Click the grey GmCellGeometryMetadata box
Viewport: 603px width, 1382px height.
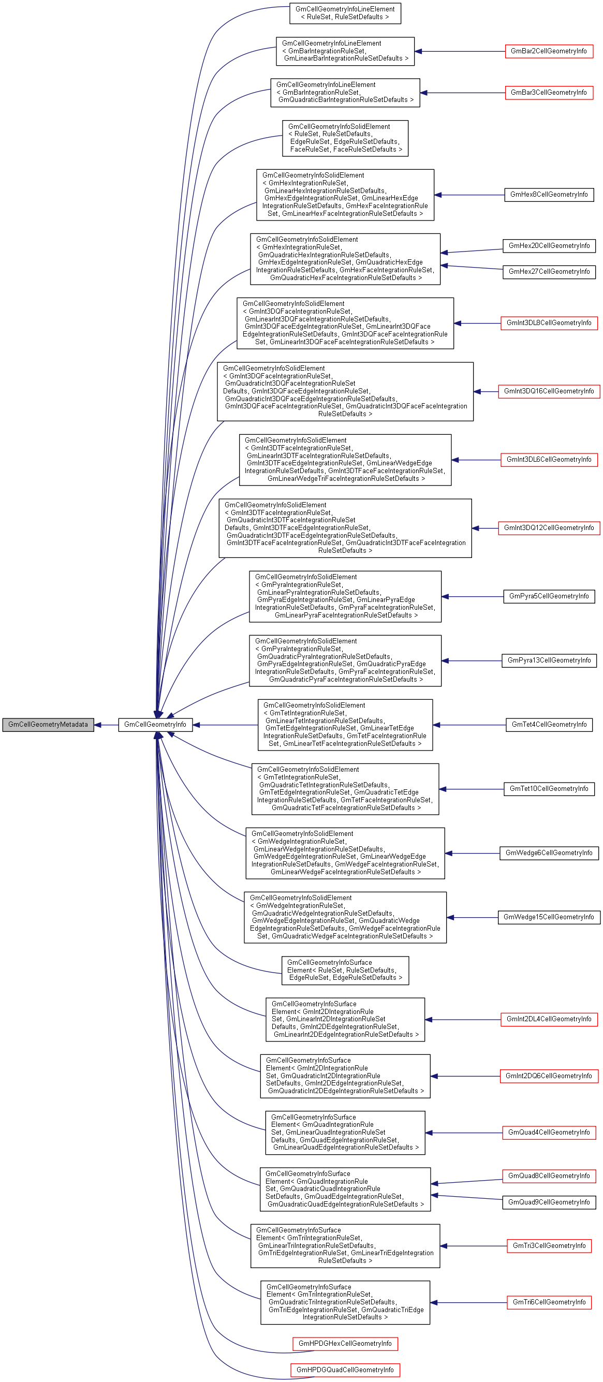coord(48,724)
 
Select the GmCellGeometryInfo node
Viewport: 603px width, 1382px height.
coord(155,724)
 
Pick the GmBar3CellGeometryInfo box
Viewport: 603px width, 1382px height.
coord(548,92)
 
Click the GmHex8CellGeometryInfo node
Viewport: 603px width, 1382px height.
coord(548,195)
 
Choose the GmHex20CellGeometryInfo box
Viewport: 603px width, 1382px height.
coord(548,246)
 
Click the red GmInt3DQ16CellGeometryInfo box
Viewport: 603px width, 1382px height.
coord(548,391)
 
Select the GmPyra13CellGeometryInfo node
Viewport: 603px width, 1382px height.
coord(548,660)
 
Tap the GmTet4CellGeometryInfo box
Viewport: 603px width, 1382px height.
coord(548,724)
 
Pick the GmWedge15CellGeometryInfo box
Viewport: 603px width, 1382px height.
coord(548,917)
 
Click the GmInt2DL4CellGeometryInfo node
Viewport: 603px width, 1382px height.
coord(548,1019)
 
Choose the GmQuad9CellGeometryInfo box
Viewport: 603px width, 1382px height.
coord(548,1202)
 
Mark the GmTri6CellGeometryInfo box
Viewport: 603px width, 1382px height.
coord(548,1302)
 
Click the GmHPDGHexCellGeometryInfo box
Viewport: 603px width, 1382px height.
coord(345,1343)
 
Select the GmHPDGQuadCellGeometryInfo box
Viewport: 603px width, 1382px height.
coord(345,1370)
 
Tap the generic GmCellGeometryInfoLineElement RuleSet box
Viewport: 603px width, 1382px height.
coord(345,13)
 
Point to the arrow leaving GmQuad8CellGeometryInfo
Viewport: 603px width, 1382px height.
coord(467,1181)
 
